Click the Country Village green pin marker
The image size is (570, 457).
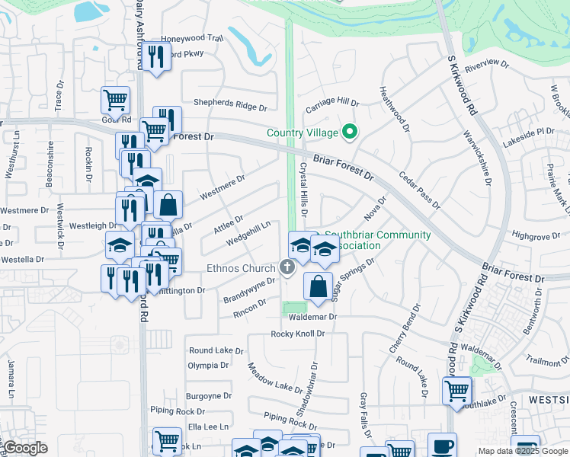350,133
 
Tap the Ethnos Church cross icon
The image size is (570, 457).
287,267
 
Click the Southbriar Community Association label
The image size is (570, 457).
377,240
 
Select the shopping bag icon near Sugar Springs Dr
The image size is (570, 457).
318,287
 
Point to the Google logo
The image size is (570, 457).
25,448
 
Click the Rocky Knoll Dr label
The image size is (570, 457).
298,334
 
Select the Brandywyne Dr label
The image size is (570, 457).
248,290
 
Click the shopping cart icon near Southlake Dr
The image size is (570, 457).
456,392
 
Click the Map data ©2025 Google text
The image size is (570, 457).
522,451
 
